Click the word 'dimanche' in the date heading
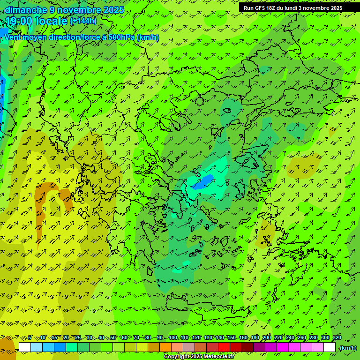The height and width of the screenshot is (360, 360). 26,10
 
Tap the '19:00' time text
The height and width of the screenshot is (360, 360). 19,21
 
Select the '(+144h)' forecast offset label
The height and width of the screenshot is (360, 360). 83,21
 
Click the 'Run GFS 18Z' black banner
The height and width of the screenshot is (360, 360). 292,8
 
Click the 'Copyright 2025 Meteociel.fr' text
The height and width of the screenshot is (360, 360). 199,357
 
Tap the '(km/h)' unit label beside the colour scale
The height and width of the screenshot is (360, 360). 347,348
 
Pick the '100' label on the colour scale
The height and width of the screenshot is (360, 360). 172,338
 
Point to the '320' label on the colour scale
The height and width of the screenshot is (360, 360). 337,338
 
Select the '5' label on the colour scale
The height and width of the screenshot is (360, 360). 30,338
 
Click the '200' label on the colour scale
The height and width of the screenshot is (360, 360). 267,338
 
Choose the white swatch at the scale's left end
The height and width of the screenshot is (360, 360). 25,347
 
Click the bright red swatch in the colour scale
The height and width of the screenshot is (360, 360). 224,347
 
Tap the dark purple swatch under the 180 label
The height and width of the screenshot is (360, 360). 259,347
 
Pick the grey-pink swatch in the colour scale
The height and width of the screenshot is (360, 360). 189,347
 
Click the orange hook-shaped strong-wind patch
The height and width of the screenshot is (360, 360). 52,192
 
